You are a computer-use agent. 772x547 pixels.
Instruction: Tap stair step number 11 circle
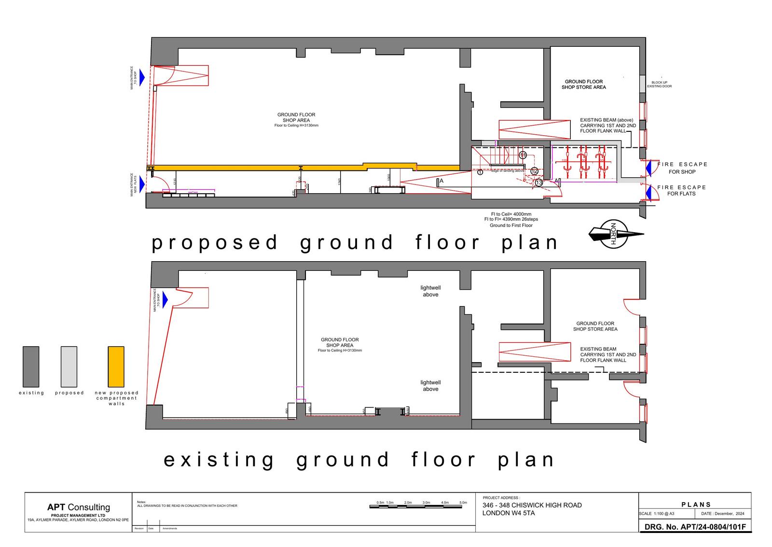(x=523, y=155)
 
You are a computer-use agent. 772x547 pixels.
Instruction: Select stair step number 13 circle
(x=539, y=182)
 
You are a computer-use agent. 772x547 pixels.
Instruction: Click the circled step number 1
(x=480, y=172)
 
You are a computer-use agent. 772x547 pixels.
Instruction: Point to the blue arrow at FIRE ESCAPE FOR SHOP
(x=649, y=168)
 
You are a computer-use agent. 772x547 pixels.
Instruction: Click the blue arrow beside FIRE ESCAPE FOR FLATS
(x=649, y=191)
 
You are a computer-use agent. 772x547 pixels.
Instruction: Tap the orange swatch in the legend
(x=116, y=366)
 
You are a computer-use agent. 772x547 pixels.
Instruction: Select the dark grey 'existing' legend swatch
(x=31, y=366)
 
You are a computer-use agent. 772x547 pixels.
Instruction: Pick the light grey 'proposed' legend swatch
(x=69, y=366)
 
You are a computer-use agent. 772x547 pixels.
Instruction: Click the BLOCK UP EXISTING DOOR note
(x=659, y=84)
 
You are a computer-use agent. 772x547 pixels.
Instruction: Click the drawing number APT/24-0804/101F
(x=695, y=527)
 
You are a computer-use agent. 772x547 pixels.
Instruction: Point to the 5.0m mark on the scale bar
(x=463, y=503)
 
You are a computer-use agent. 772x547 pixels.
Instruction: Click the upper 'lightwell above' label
(x=430, y=291)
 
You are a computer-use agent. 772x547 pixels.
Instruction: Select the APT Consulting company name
(x=78, y=507)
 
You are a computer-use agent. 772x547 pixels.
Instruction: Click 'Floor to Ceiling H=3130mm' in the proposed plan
(x=296, y=126)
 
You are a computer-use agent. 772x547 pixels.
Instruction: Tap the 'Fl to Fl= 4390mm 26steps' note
(x=511, y=219)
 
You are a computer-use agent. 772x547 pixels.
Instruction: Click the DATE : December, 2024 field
(x=723, y=514)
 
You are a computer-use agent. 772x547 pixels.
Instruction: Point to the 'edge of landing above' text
(x=508, y=171)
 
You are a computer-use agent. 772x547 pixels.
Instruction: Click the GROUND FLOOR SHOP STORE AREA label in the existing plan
(x=595, y=326)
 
